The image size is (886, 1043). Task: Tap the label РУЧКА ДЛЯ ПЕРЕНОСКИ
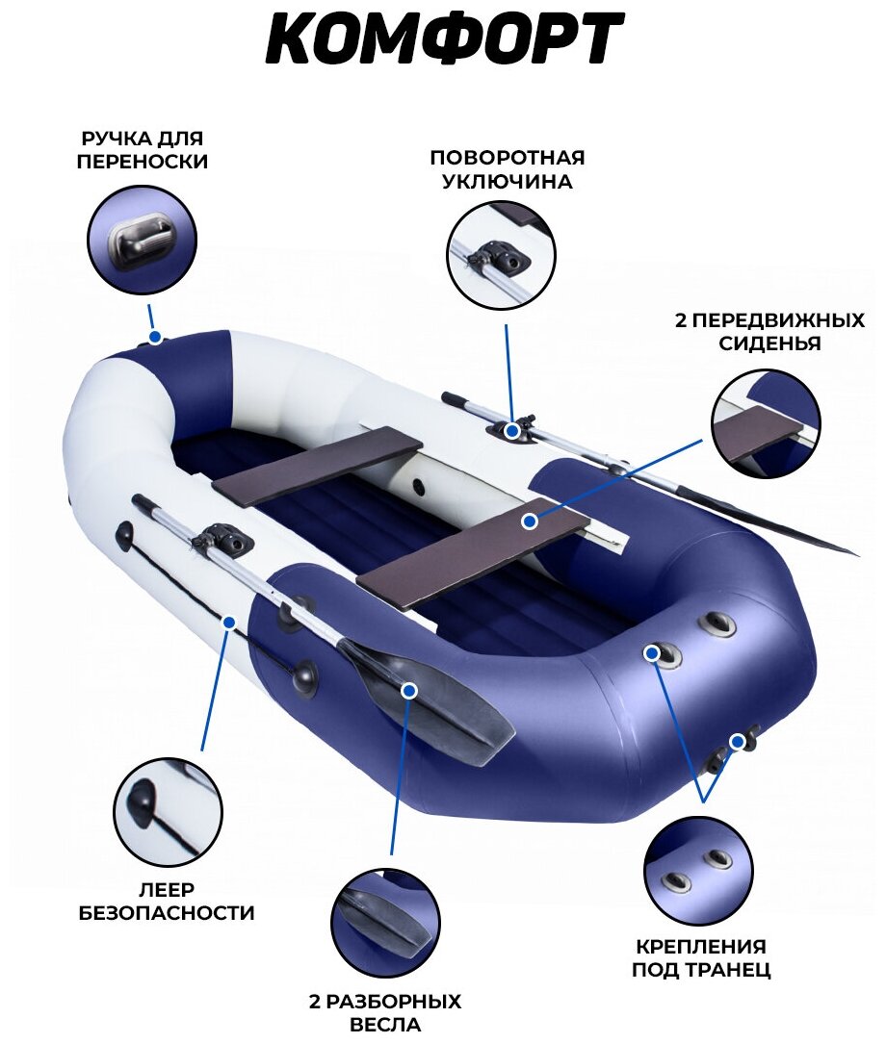[143, 149]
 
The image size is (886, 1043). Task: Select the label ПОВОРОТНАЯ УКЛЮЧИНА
[507, 169]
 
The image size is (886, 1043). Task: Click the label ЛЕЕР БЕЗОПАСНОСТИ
[167, 901]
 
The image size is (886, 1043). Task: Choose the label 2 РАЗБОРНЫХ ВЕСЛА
[385, 1012]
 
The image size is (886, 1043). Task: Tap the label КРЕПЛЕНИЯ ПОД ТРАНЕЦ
[700, 957]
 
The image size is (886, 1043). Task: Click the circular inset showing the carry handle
[143, 241]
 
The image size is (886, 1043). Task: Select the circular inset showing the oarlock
[501, 255]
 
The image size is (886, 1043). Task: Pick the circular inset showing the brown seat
[766, 424]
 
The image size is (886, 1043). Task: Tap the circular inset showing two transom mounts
[697, 871]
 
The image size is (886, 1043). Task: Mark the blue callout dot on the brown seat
[529, 521]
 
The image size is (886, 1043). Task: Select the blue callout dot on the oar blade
[408, 690]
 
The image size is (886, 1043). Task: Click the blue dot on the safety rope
[229, 623]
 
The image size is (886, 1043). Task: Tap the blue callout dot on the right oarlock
[513, 431]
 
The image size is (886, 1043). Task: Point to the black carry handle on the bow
[155, 337]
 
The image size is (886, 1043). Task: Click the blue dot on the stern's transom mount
[738, 741]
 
